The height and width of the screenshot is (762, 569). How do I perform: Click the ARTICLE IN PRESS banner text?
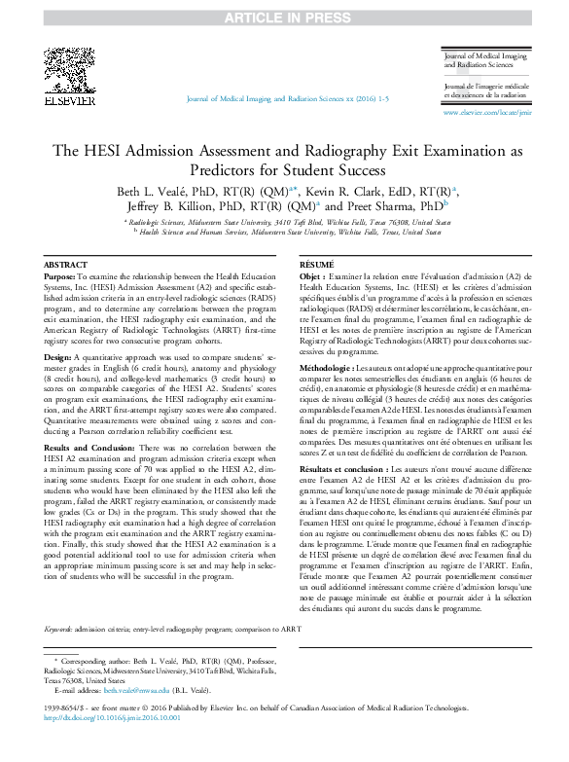coord(283,17)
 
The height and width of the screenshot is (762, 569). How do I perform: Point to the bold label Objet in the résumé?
coord(310,277)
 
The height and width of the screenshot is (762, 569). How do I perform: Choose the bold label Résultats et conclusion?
coord(342,470)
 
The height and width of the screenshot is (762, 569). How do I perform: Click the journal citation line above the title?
coord(285,100)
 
